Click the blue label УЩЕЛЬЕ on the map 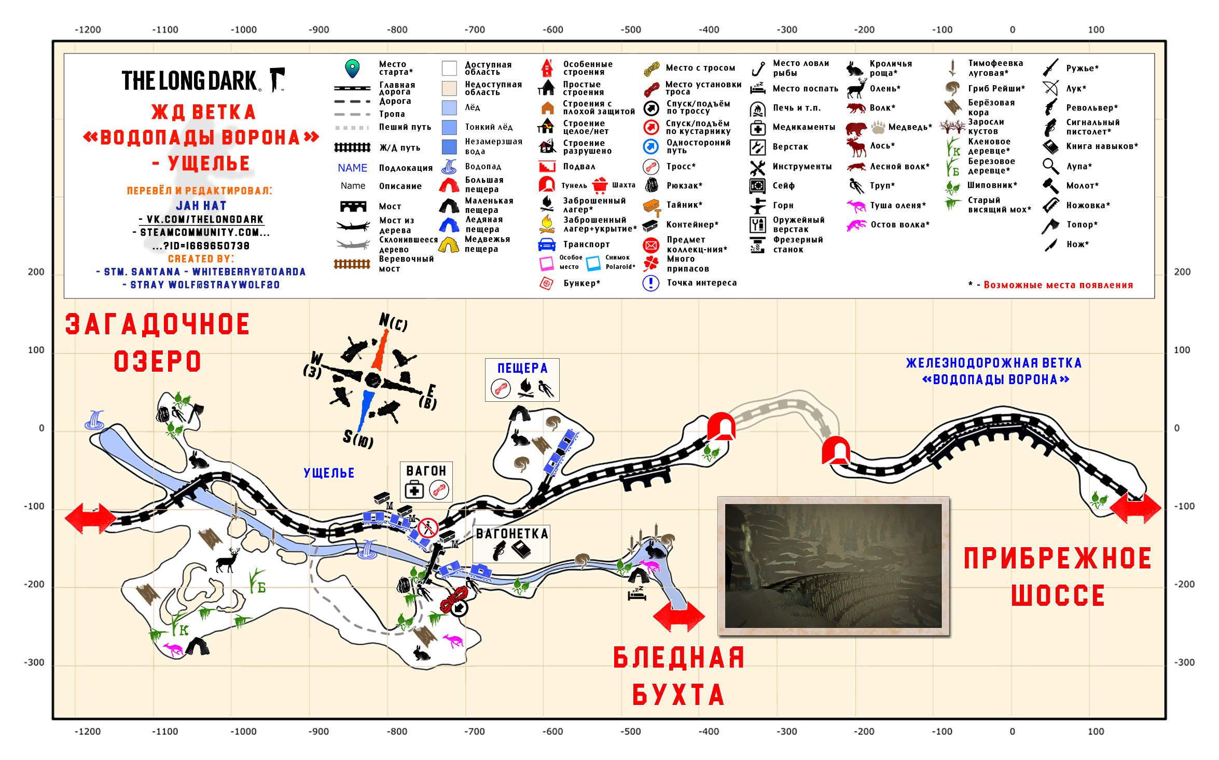pyautogui.click(x=329, y=472)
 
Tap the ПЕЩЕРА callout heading pyautogui.click(x=522, y=368)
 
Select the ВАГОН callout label pyautogui.click(x=426, y=470)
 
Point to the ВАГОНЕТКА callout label pyautogui.click(x=512, y=534)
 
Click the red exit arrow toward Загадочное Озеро pyautogui.click(x=91, y=518)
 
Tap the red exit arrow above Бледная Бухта pyautogui.click(x=678, y=616)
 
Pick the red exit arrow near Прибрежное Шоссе pyautogui.click(x=1135, y=507)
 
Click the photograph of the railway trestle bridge pyautogui.click(x=833, y=566)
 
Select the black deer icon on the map pyautogui.click(x=228, y=560)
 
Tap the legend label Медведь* pyautogui.click(x=910, y=127)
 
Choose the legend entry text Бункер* pyautogui.click(x=581, y=283)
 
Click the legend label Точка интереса pyautogui.click(x=701, y=283)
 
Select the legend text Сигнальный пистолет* pyautogui.click(x=1092, y=127)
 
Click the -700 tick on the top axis pyautogui.click(x=475, y=30)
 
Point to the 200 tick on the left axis pyautogui.click(x=36, y=272)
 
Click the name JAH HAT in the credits pyautogui.click(x=201, y=206)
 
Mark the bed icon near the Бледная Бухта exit pyautogui.click(x=637, y=593)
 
